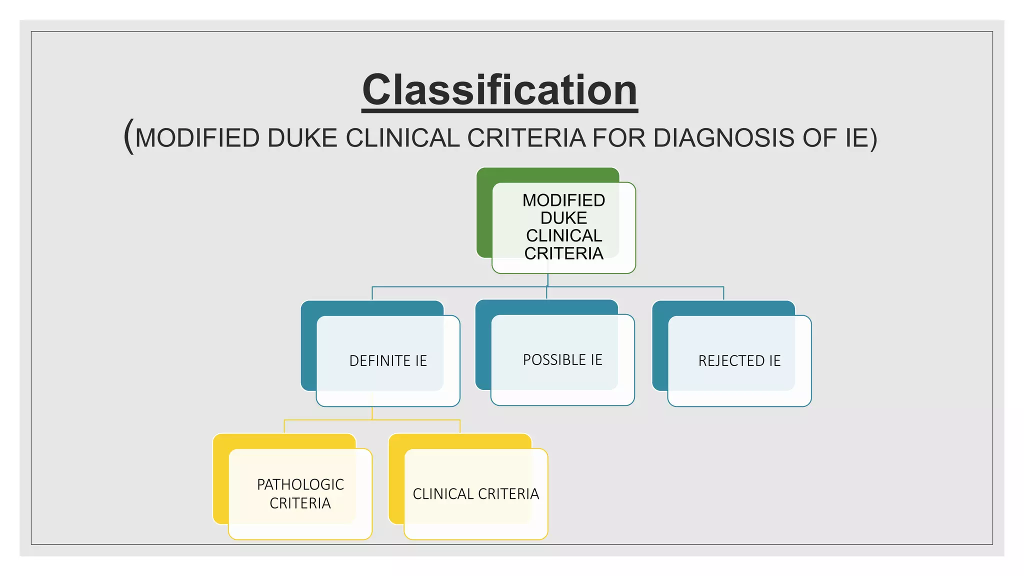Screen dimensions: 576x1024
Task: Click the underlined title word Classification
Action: (x=499, y=90)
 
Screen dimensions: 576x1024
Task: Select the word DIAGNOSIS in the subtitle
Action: (x=723, y=138)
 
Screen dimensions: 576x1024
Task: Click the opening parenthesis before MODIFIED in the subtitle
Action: (x=128, y=136)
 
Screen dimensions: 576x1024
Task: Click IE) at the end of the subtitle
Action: (x=861, y=138)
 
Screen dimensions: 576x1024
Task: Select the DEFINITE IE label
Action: (x=388, y=361)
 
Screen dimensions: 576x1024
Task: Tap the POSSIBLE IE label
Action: (x=562, y=360)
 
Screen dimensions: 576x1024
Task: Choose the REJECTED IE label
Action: (x=739, y=361)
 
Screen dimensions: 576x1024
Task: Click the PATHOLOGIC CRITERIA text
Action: (x=300, y=493)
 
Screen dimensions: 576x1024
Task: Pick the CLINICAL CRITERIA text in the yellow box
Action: (x=475, y=494)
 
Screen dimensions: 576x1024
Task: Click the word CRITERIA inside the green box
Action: (x=563, y=253)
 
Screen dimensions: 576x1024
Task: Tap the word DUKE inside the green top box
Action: (x=563, y=218)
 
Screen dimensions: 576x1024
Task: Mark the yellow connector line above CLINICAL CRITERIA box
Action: (x=459, y=426)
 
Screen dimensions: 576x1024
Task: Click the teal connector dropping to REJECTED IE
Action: (x=723, y=293)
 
